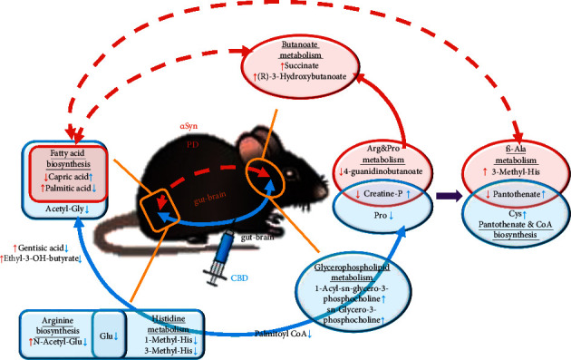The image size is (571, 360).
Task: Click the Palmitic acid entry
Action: tap(64, 188)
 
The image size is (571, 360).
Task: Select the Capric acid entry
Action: tap(63, 177)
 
